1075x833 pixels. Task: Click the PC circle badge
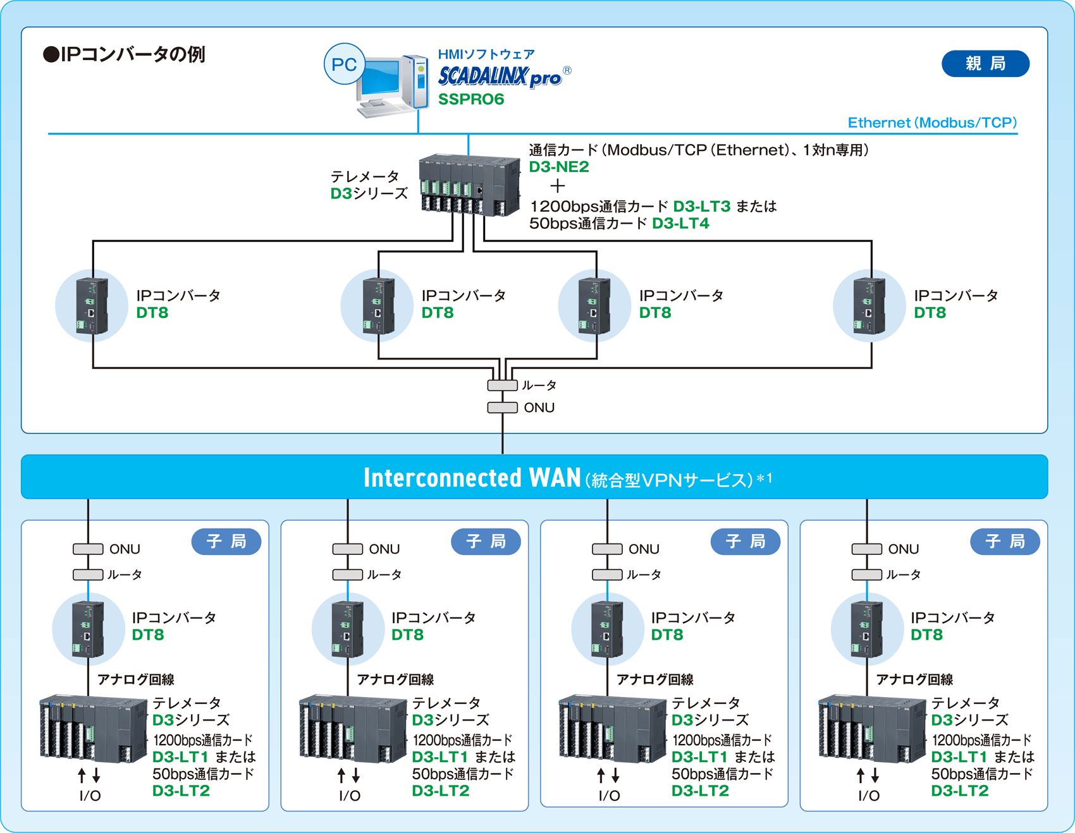(x=344, y=64)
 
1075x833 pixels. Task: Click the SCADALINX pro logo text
(x=499, y=77)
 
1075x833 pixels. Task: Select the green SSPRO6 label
(x=471, y=100)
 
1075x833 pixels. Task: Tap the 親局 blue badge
(x=985, y=64)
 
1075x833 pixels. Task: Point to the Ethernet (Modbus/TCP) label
(x=931, y=123)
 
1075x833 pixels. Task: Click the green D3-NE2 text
(x=558, y=167)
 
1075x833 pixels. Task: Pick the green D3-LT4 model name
(x=680, y=224)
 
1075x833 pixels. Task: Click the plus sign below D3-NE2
(x=557, y=186)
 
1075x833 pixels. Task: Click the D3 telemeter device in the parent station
(x=469, y=185)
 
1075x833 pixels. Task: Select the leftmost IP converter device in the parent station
(x=92, y=306)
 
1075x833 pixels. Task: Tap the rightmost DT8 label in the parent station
(x=930, y=313)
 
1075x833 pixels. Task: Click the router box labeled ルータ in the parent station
(x=503, y=385)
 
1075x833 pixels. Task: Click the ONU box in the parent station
(x=503, y=408)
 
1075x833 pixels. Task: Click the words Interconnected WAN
(x=472, y=478)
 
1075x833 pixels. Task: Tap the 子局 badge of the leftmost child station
(x=226, y=542)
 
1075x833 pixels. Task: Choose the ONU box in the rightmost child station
(x=866, y=549)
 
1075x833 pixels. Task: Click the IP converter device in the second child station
(x=347, y=629)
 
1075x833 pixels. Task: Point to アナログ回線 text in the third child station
(x=654, y=679)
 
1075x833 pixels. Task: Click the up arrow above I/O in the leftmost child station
(x=82, y=775)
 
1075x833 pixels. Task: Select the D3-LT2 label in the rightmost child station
(x=959, y=791)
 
